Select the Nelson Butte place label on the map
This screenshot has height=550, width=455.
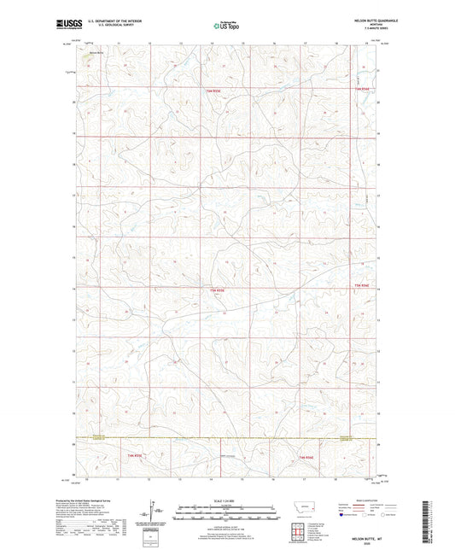[x=96, y=53]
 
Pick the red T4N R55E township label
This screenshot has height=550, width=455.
[x=218, y=290]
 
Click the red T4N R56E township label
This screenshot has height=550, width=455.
[x=365, y=285]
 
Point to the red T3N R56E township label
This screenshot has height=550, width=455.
[x=308, y=459]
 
